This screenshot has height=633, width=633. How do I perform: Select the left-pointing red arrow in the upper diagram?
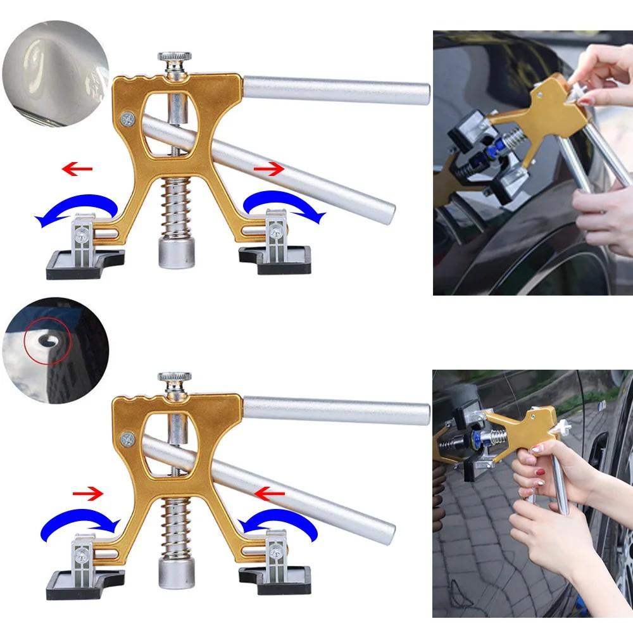pyautogui.click(x=77, y=169)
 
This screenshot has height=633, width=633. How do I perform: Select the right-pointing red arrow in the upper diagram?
pyautogui.click(x=270, y=169)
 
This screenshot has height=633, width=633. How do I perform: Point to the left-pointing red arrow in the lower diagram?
pyautogui.click(x=268, y=491)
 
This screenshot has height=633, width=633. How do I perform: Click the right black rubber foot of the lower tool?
pyautogui.click(x=275, y=579)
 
